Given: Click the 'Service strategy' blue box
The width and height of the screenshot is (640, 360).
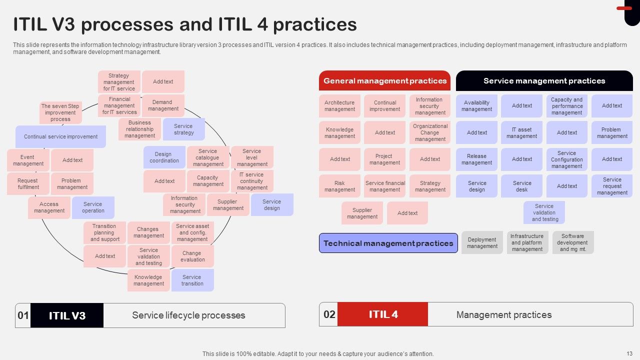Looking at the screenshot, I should (183, 129).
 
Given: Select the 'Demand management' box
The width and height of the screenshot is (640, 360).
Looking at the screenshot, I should (163, 105).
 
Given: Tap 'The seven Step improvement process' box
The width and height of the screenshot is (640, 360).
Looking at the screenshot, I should (60, 112).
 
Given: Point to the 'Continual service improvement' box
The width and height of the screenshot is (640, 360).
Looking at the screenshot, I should (61, 136).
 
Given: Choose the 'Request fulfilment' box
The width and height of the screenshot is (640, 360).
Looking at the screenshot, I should (28, 184).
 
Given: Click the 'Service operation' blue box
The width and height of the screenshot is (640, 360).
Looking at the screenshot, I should (93, 207).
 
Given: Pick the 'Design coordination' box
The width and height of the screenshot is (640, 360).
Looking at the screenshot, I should (164, 157).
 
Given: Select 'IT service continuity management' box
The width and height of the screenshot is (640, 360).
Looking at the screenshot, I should (252, 181).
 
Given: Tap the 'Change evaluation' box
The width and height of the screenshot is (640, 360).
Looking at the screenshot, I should (192, 256).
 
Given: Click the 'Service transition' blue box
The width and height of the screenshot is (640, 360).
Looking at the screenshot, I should (192, 280).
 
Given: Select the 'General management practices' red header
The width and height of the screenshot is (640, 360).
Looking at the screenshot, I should (384, 81).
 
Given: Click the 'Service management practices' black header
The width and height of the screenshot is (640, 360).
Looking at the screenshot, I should (544, 81).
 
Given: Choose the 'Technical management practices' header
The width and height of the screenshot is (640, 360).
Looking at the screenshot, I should (388, 243).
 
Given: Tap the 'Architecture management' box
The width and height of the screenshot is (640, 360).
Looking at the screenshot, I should (339, 106).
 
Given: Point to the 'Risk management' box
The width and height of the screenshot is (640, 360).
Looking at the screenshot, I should (339, 186).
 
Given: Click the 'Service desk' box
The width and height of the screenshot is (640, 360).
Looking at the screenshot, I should (521, 186).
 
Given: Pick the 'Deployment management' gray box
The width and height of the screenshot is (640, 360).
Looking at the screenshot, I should (482, 242).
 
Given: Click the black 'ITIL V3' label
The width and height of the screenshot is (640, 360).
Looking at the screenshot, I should (67, 315).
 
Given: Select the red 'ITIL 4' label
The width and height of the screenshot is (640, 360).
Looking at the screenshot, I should (383, 314).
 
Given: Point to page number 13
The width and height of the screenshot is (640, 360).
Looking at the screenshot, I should (629, 353).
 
